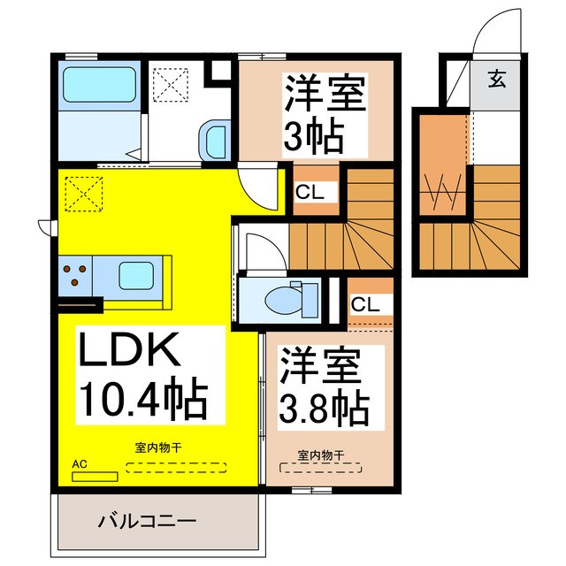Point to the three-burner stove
click(75, 274)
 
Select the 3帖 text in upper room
click(312, 134)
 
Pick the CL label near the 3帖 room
click(310, 191)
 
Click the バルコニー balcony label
click(147, 522)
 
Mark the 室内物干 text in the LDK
click(158, 447)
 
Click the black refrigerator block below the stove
click(80, 305)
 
